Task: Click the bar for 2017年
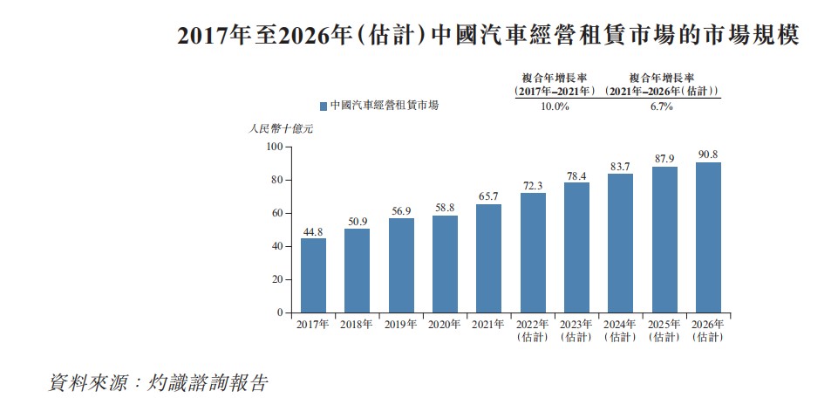pyautogui.click(x=313, y=275)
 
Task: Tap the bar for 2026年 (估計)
pyautogui.click(x=708, y=237)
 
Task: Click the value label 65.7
pyautogui.click(x=488, y=196)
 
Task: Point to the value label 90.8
pyautogui.click(x=708, y=154)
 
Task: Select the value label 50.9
pyautogui.click(x=357, y=221)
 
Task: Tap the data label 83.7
pyautogui.click(x=620, y=166)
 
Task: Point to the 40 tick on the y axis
pyautogui.click(x=276, y=246)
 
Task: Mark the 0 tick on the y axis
pyautogui.click(x=279, y=312)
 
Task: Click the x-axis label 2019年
pyautogui.click(x=400, y=324)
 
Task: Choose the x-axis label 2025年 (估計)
pyautogui.click(x=664, y=330)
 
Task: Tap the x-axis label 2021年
pyautogui.click(x=488, y=324)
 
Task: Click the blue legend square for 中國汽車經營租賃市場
pyautogui.click(x=324, y=106)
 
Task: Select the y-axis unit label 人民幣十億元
pyautogui.click(x=280, y=128)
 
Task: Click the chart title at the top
pyautogui.click(x=488, y=36)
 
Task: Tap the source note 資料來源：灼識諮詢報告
pyautogui.click(x=158, y=382)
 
